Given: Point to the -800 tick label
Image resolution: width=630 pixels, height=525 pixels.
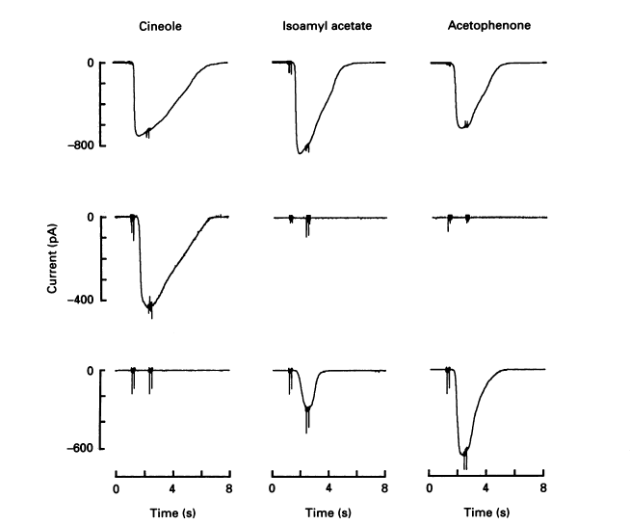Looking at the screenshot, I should tap(78, 146).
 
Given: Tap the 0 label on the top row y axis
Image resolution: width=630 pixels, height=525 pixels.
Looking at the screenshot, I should tap(90, 64).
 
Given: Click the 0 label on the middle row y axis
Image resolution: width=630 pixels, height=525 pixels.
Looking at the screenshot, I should tap(90, 218).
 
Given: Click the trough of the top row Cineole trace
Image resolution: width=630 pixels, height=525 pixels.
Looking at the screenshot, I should tap(142, 135).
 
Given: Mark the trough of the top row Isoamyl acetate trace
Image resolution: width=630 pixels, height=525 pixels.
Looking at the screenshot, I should tap(300, 152).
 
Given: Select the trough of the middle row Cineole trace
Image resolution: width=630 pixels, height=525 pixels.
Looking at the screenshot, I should tap(150, 307).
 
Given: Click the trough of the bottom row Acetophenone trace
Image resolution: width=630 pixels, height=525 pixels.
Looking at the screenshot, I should tap(463, 454).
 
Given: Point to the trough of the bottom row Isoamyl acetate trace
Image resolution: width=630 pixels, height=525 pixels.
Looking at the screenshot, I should tap(306, 410).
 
